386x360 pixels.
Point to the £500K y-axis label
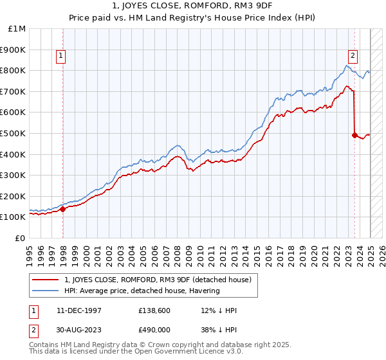[x=14, y=133]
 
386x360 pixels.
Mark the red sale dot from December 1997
[x=63, y=209]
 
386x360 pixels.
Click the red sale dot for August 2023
[x=354, y=135]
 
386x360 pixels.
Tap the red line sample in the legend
[x=46, y=279]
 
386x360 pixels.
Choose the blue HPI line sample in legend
[x=46, y=290]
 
